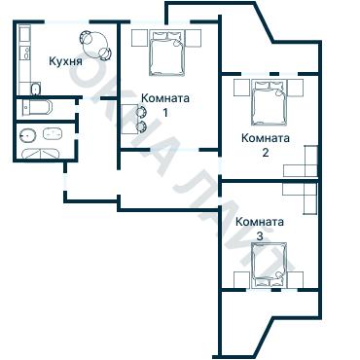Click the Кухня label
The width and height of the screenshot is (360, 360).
tap(64, 61)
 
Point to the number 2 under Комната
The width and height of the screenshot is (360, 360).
tap(264, 152)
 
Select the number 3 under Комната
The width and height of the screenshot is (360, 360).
tap(259, 235)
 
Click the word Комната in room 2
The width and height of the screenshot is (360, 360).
tap(264, 138)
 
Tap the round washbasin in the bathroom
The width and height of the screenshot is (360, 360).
tap(28, 134)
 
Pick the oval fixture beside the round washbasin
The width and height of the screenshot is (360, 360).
tap(52, 134)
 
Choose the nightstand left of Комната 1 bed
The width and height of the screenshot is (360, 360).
tap(135, 39)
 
